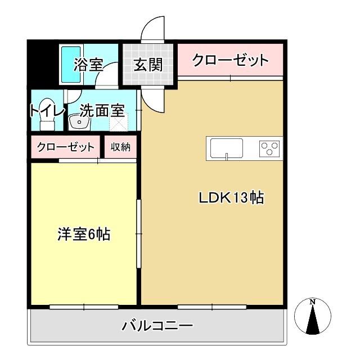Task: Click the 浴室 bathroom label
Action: coord(88,64)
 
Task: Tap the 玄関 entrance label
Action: coord(148,64)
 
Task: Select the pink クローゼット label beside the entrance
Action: coord(229,60)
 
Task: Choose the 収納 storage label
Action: coord(120,147)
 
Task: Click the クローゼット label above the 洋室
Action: coord(65,147)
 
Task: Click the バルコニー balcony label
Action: coord(157,326)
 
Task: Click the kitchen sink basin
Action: coord(226,149)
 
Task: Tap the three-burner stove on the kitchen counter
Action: coord(269,149)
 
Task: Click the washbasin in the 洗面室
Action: coord(75,121)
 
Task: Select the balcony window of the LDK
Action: coord(212,307)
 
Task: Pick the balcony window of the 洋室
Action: coord(83,307)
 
